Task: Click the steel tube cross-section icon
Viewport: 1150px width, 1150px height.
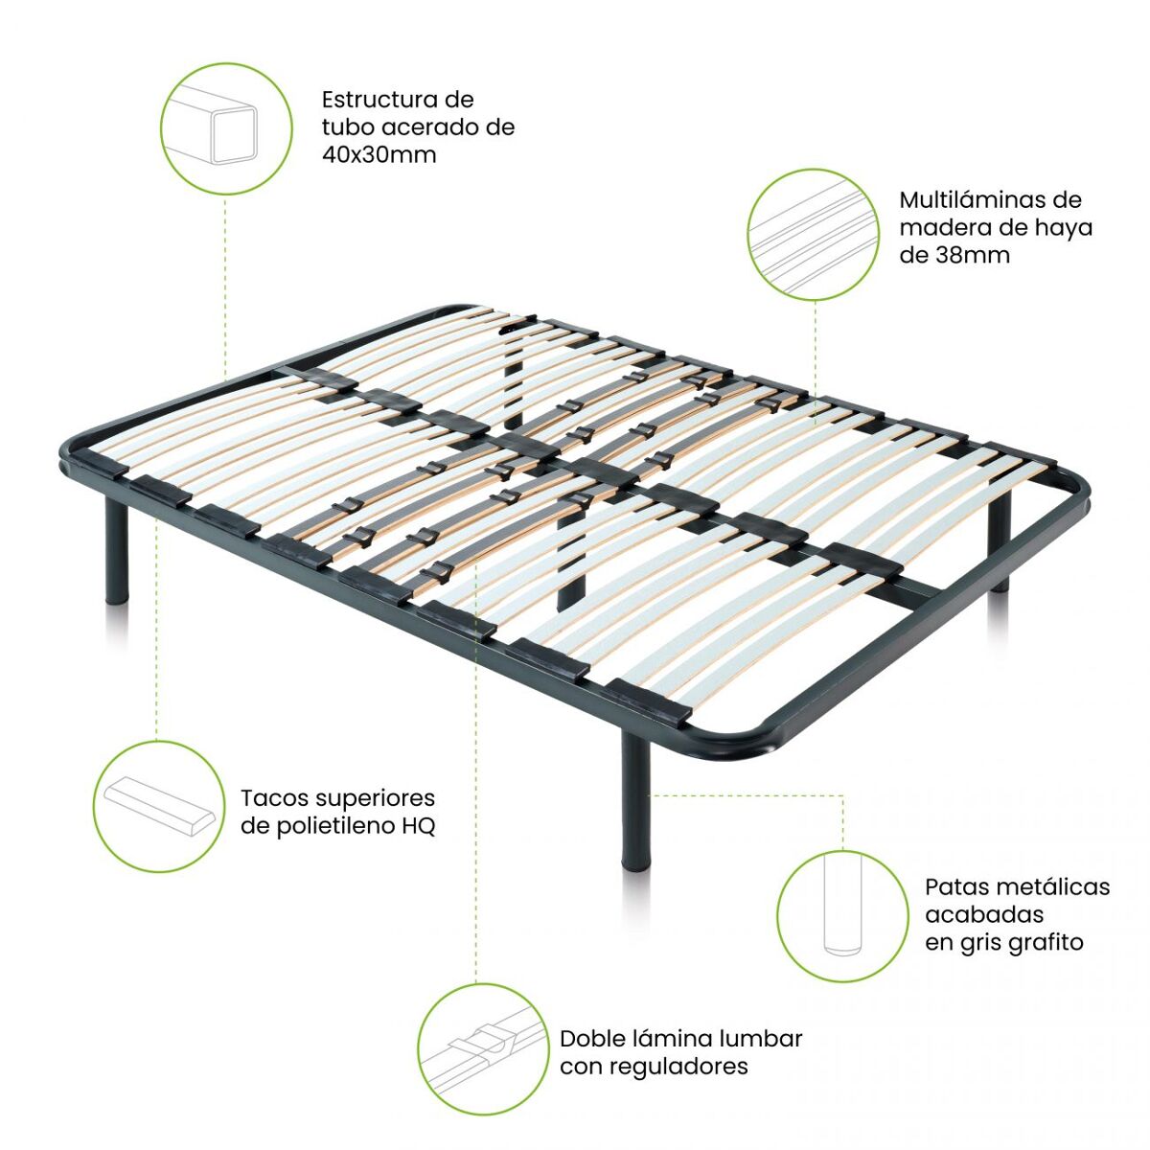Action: [x=226, y=129]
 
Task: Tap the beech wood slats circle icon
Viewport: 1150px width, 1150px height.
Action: [x=814, y=234]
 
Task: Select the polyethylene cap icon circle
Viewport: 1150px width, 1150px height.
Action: [x=159, y=806]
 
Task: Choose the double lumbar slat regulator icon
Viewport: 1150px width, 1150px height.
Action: [x=484, y=1049]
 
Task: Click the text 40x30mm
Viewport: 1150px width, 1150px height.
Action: [x=379, y=155]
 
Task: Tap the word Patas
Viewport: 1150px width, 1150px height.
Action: [x=955, y=886]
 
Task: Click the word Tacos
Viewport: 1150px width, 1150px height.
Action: [x=273, y=798]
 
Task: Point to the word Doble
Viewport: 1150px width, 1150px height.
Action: [x=592, y=1039]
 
